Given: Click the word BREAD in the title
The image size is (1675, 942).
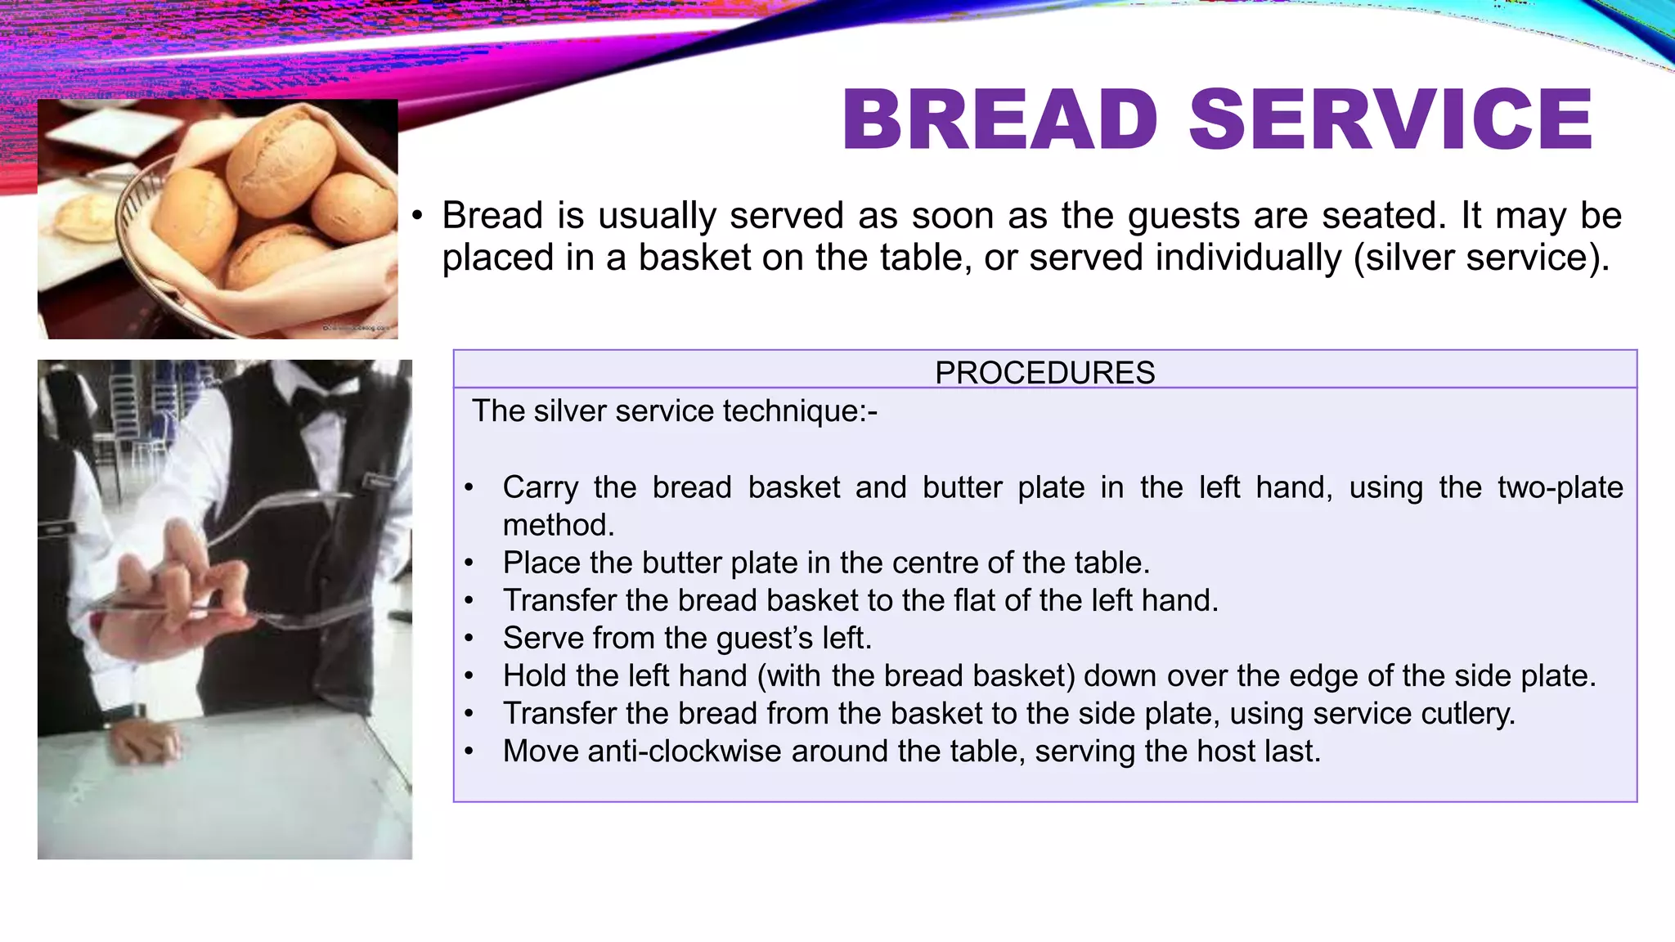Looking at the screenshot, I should (999, 120).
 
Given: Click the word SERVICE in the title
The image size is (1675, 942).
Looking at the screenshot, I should (1390, 120).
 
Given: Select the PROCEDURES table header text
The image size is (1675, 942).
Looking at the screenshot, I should (1044, 373).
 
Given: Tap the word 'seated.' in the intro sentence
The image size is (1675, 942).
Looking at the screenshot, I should (1380, 216).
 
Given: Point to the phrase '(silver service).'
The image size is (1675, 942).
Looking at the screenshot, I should (1481, 258).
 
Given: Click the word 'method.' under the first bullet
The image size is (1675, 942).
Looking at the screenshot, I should (559, 525).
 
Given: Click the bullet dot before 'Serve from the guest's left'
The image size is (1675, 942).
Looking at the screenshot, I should (469, 638).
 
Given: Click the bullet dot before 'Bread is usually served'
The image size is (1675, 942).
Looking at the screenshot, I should (418, 217).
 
